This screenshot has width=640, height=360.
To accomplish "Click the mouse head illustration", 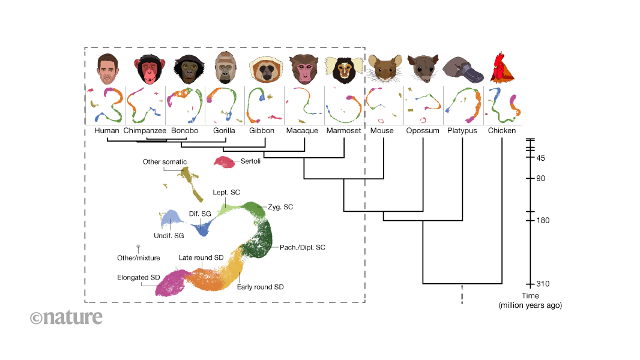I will coord(384,68).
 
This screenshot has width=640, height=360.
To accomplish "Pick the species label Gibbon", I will coord(262,130).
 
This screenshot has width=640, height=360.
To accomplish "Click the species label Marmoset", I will coord(343,130).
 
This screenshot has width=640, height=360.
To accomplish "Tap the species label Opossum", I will coord(422,130).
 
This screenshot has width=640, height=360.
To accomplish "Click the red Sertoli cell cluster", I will coord(225,162).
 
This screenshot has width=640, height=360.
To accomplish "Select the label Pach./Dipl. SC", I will coord(303,247).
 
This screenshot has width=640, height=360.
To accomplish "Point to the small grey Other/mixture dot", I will coord(139,246).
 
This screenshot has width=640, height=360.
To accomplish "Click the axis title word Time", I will coord(530,296).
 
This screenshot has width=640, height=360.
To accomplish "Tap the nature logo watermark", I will coord(66,317).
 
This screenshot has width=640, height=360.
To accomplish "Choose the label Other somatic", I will coord(165,162).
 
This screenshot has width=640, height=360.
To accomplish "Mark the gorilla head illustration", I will coord(225,69).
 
